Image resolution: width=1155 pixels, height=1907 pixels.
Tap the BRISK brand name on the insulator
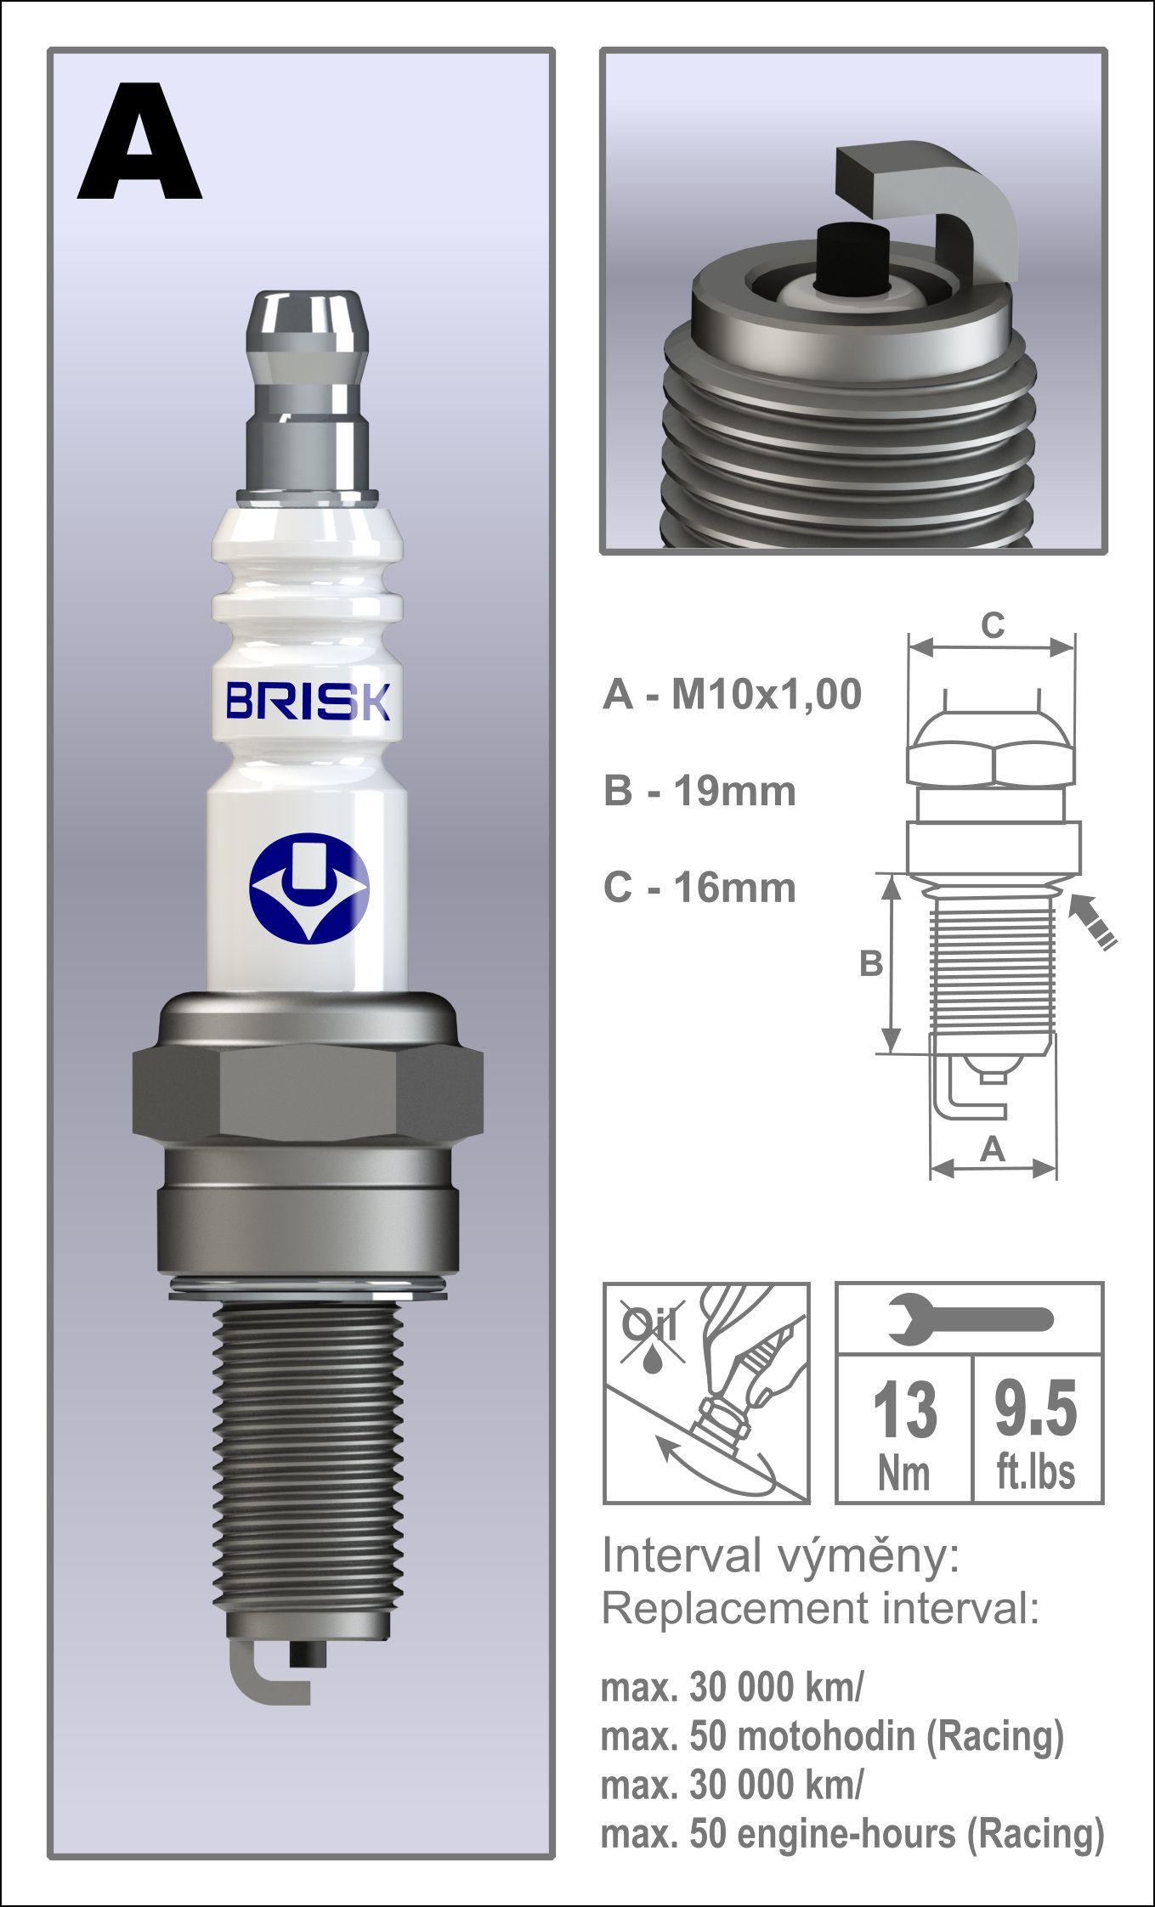tap(308, 702)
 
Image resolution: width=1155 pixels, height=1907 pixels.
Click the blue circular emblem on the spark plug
tap(309, 888)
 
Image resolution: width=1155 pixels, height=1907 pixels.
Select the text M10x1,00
tap(766, 695)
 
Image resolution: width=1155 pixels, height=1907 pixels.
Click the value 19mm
tap(734, 792)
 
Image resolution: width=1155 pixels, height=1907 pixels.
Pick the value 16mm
tap(734, 889)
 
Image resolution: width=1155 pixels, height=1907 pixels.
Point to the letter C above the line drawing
tap(993, 626)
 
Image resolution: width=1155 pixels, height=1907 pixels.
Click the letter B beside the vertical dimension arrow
tap(870, 964)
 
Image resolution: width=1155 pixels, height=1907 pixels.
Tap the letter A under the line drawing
tap(993, 1150)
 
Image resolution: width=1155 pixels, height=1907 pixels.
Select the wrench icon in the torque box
tap(969, 1320)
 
